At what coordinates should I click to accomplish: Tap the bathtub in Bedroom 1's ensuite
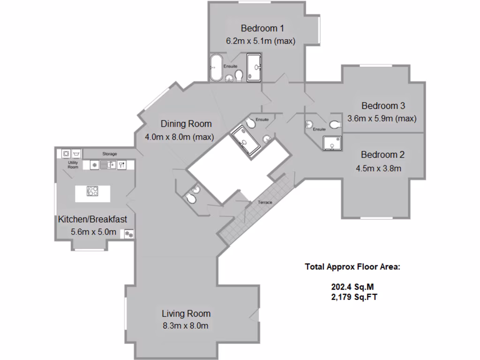216,68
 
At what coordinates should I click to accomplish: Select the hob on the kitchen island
92,191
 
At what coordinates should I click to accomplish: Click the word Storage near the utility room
110,154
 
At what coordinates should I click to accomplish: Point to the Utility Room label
73,165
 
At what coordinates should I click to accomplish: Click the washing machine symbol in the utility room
66,153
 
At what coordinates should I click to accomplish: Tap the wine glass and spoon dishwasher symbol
121,165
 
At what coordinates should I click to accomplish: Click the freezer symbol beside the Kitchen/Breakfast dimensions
128,233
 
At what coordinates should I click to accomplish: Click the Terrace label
264,202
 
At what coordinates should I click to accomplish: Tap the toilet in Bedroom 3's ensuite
335,125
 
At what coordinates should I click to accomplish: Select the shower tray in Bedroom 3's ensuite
332,143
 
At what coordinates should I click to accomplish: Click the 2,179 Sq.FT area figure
354,297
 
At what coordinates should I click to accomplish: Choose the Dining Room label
186,124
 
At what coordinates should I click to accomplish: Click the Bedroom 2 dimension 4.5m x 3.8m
381,168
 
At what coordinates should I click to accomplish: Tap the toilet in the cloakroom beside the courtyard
191,199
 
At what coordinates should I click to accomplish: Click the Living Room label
186,314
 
